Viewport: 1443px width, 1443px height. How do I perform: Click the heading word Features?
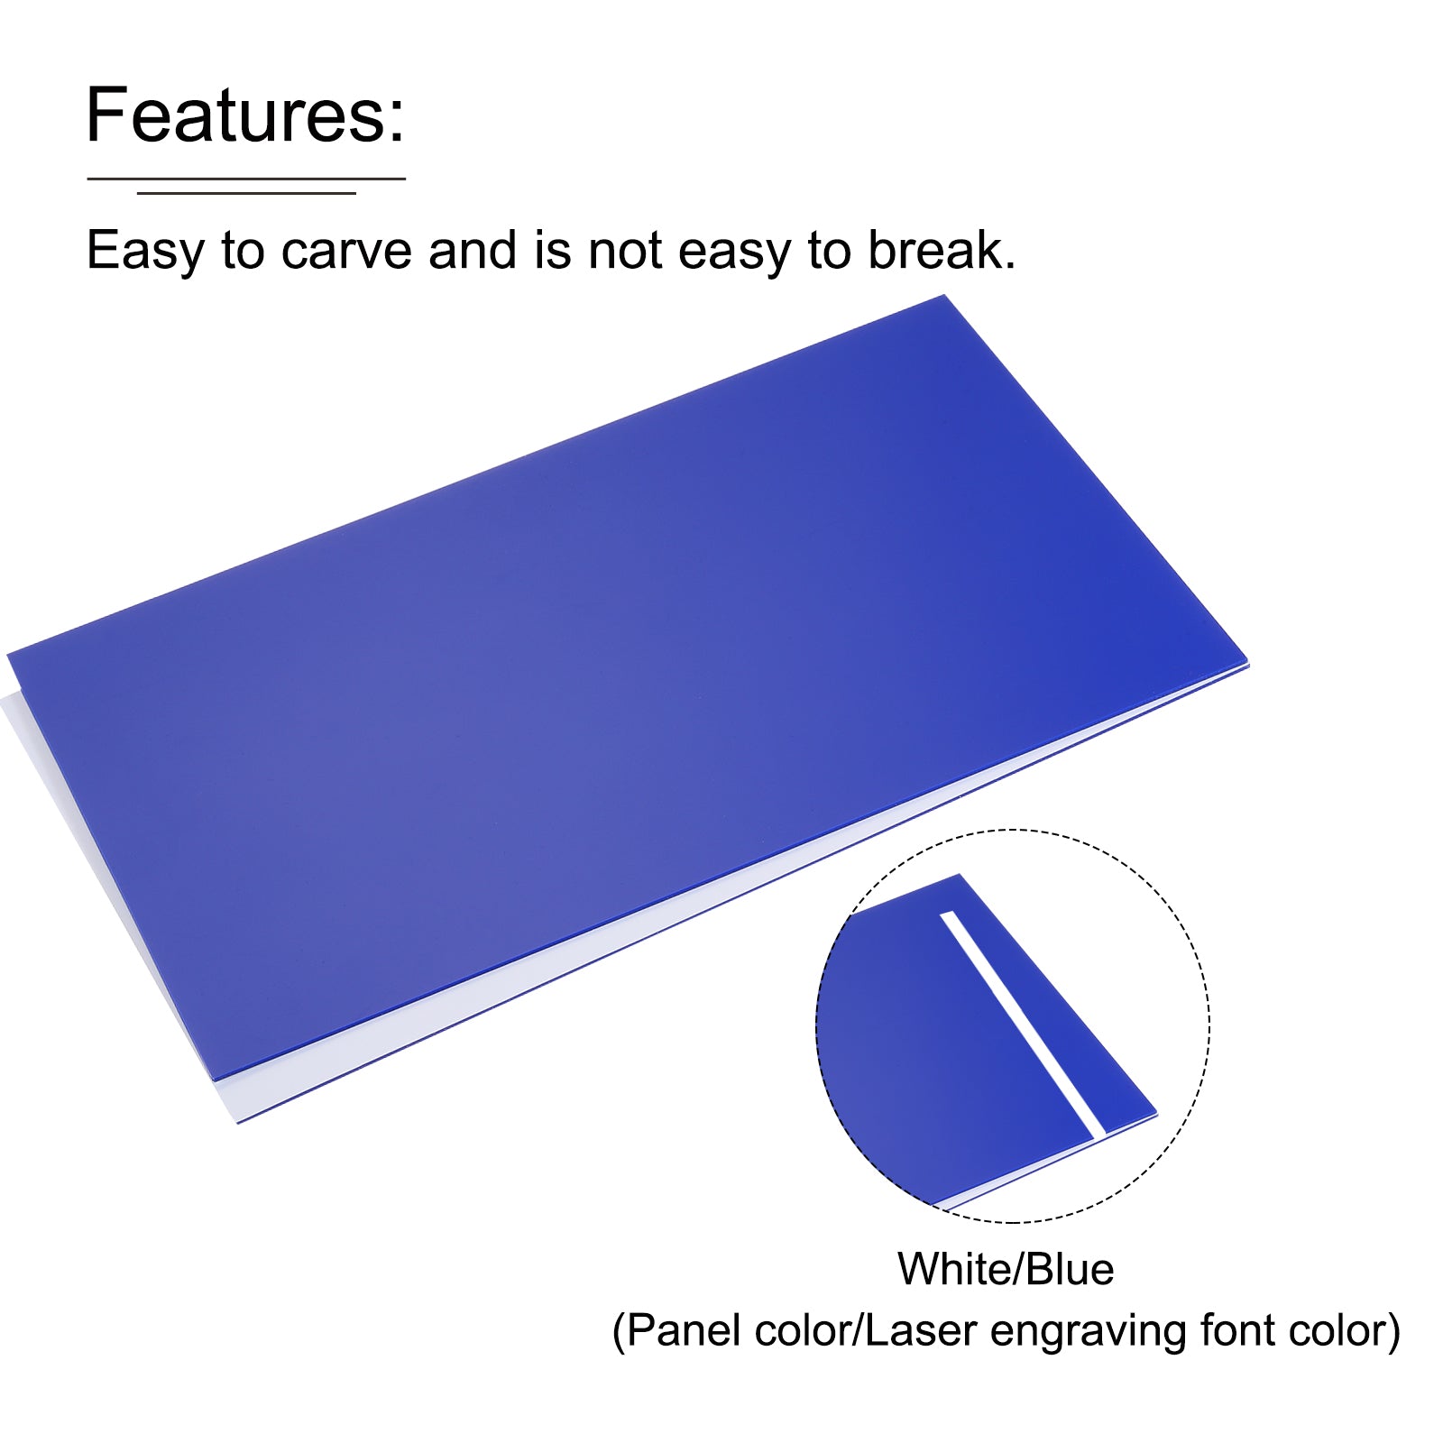click(245, 115)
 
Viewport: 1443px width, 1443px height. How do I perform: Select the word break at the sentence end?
click(942, 250)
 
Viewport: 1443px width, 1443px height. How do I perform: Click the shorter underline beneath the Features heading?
click(246, 193)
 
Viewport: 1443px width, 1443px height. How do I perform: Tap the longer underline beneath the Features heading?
click(246, 179)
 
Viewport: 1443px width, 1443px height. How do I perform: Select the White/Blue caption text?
click(1006, 1269)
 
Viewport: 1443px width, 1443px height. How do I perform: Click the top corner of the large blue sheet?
click(944, 296)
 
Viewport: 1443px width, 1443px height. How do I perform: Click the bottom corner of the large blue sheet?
click(215, 1080)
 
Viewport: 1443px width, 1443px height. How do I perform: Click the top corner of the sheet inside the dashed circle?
click(958, 874)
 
